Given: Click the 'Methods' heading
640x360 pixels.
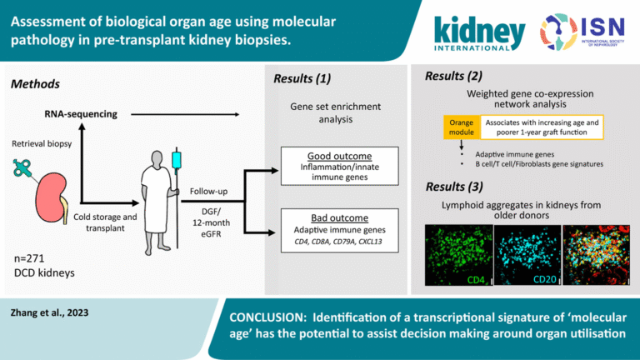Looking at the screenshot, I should point(35,84).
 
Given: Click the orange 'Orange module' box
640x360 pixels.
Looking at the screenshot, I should point(459,126).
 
